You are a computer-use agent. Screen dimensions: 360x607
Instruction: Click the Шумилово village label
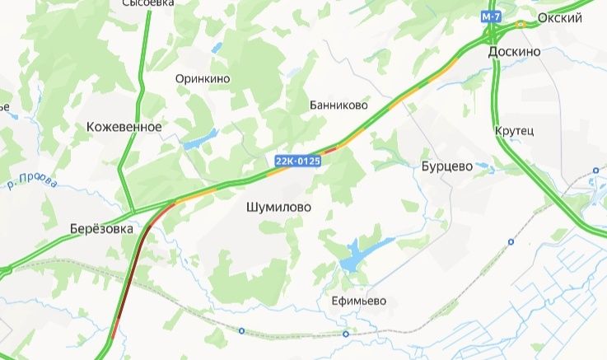pos(278,208)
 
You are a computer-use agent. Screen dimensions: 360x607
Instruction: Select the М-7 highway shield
pos(492,16)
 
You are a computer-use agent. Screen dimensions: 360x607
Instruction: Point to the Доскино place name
pos(514,51)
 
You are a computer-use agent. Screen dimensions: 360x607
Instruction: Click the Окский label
pos(559,17)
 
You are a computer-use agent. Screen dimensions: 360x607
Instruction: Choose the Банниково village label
pos(338,105)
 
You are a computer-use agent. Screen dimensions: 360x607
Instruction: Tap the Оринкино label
pos(203,79)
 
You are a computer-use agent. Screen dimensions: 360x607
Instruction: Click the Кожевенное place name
pos(124,127)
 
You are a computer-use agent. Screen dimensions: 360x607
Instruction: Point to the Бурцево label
pos(446,166)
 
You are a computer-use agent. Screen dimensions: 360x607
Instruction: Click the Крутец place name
pos(515,131)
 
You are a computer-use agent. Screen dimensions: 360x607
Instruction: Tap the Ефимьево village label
pos(353,301)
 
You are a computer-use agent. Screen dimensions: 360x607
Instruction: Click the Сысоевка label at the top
pos(148,3)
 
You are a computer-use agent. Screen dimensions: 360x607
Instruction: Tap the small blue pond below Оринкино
pos(200,139)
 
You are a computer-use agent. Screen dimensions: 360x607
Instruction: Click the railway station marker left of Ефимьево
pos(241,331)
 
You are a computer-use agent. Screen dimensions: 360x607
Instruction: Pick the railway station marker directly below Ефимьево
pos(346,334)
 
